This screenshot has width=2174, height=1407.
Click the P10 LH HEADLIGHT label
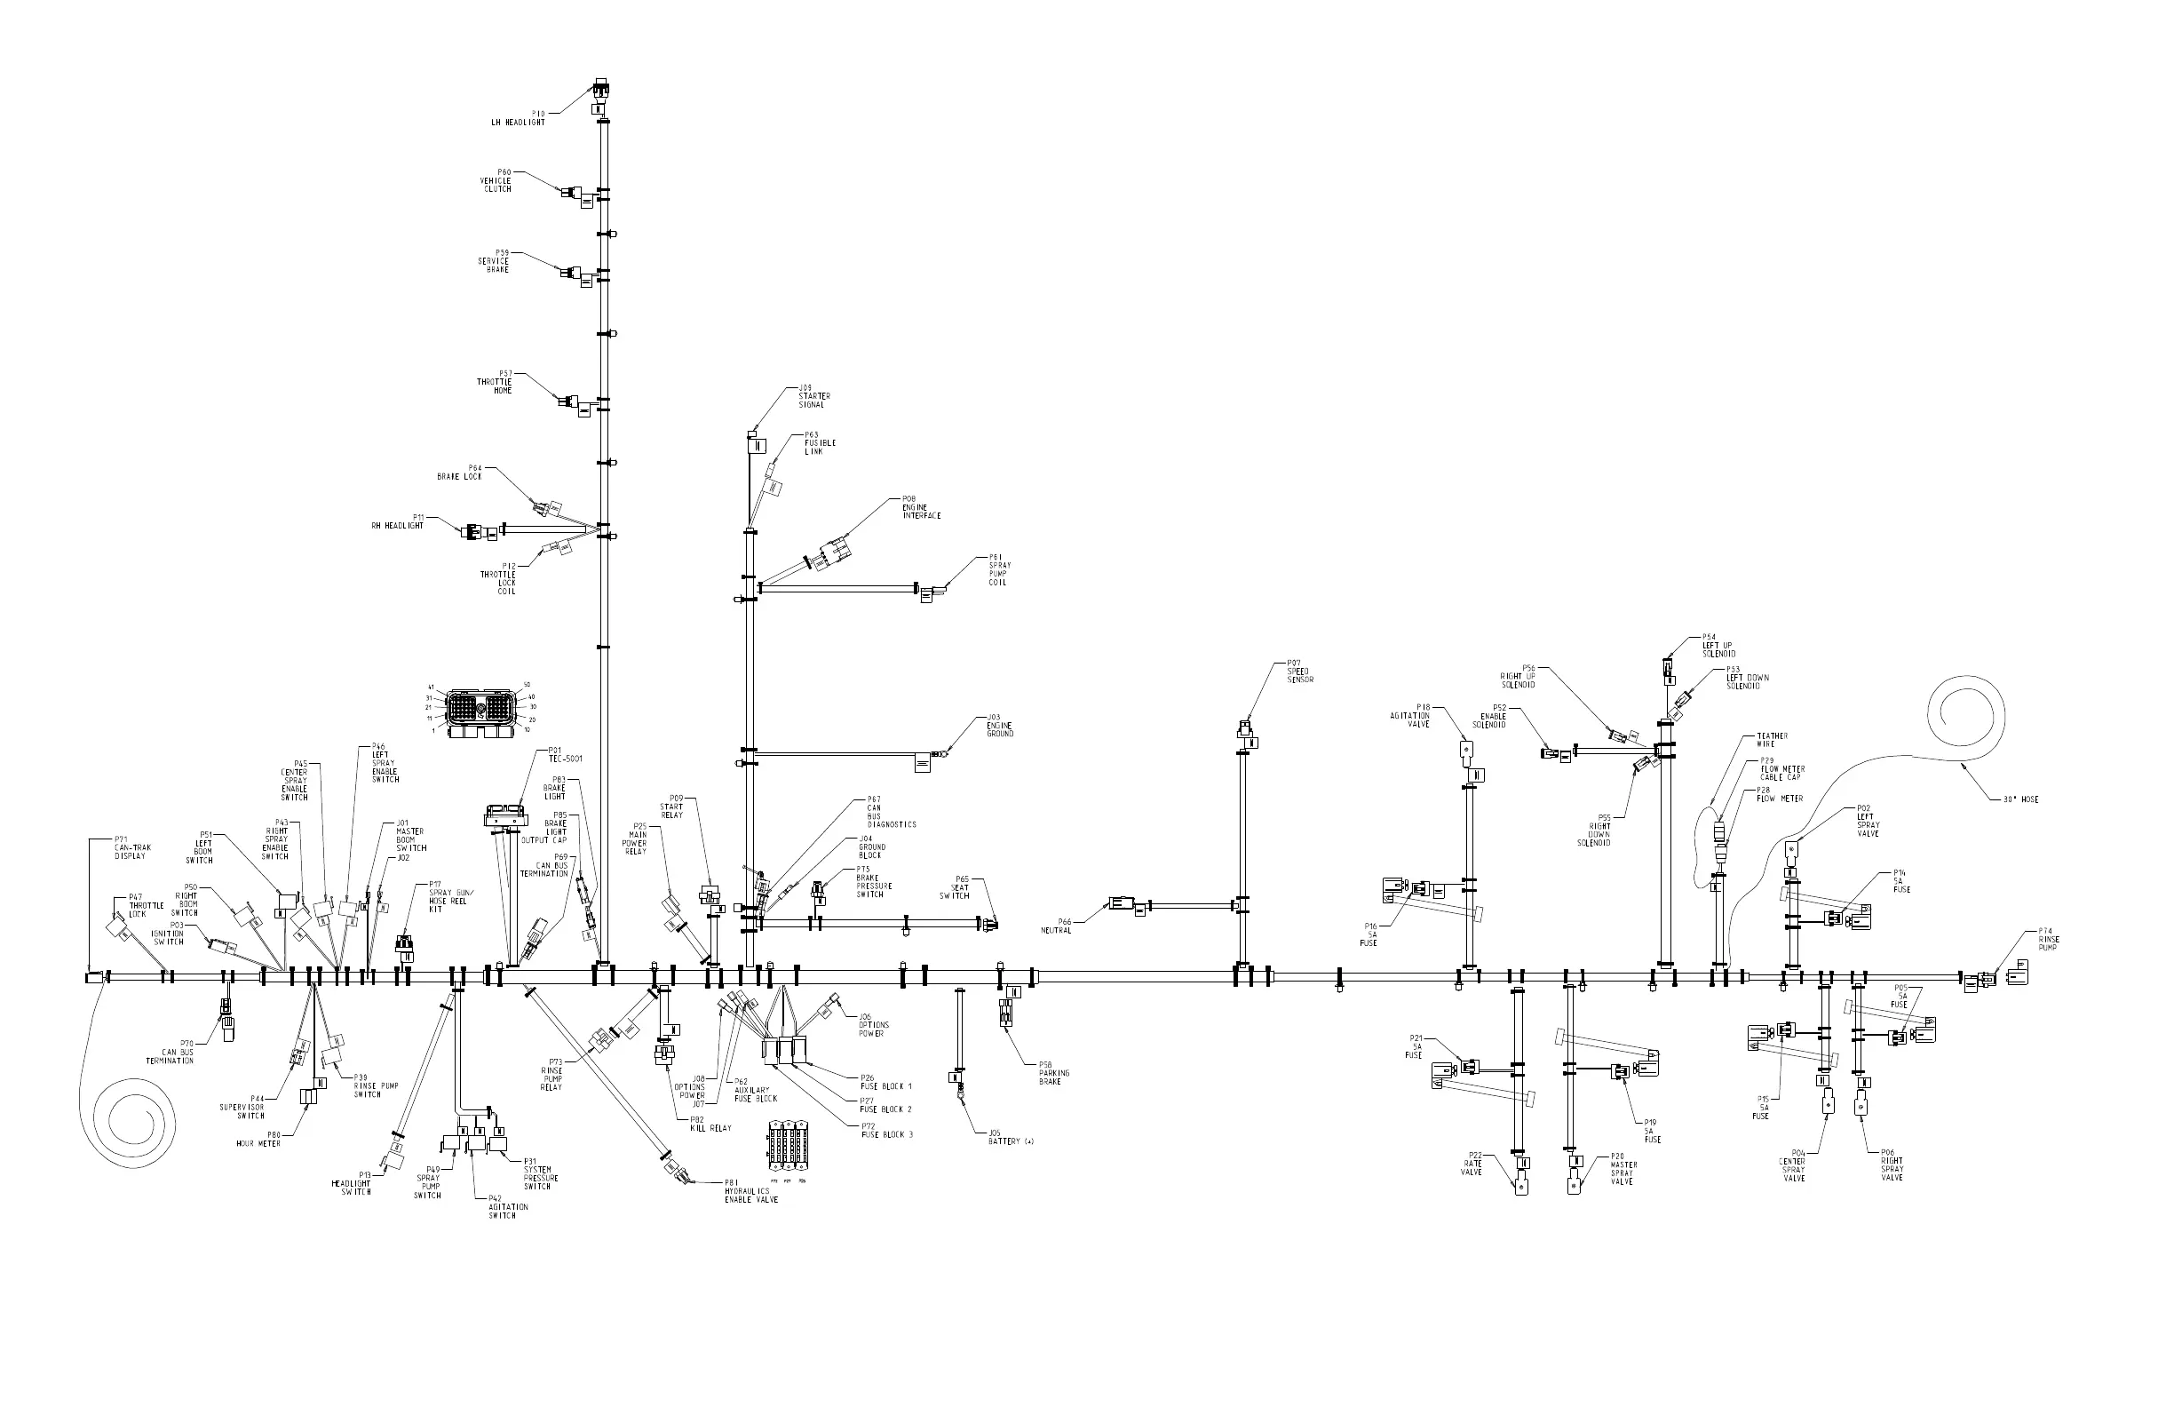(x=518, y=118)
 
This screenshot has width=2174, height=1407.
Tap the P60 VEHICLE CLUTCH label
(x=496, y=180)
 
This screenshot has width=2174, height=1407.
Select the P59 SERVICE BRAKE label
(x=494, y=261)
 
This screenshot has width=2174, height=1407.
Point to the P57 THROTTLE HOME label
(x=495, y=382)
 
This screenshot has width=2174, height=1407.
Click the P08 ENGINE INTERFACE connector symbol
(x=835, y=552)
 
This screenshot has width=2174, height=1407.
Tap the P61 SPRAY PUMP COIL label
(x=999, y=569)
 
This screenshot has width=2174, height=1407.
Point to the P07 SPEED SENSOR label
(x=1299, y=672)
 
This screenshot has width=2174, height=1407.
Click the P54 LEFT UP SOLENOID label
(x=1718, y=646)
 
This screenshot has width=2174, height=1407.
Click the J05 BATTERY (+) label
(x=1011, y=1138)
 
